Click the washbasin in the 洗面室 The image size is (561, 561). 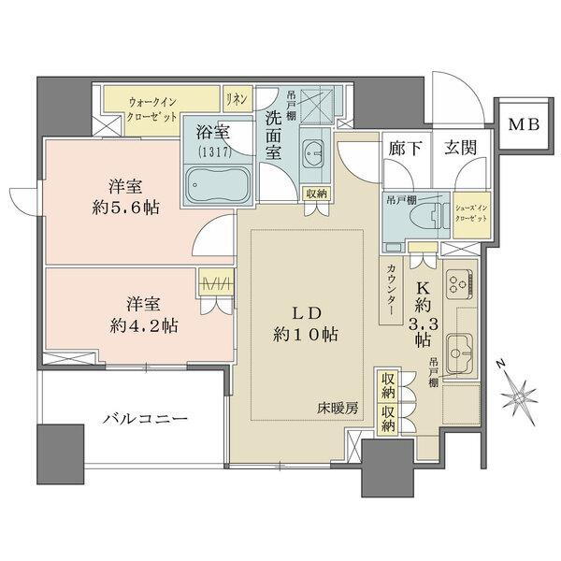coord(313,153)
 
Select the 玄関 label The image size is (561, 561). coord(460,146)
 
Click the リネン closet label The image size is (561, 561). coord(235,96)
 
